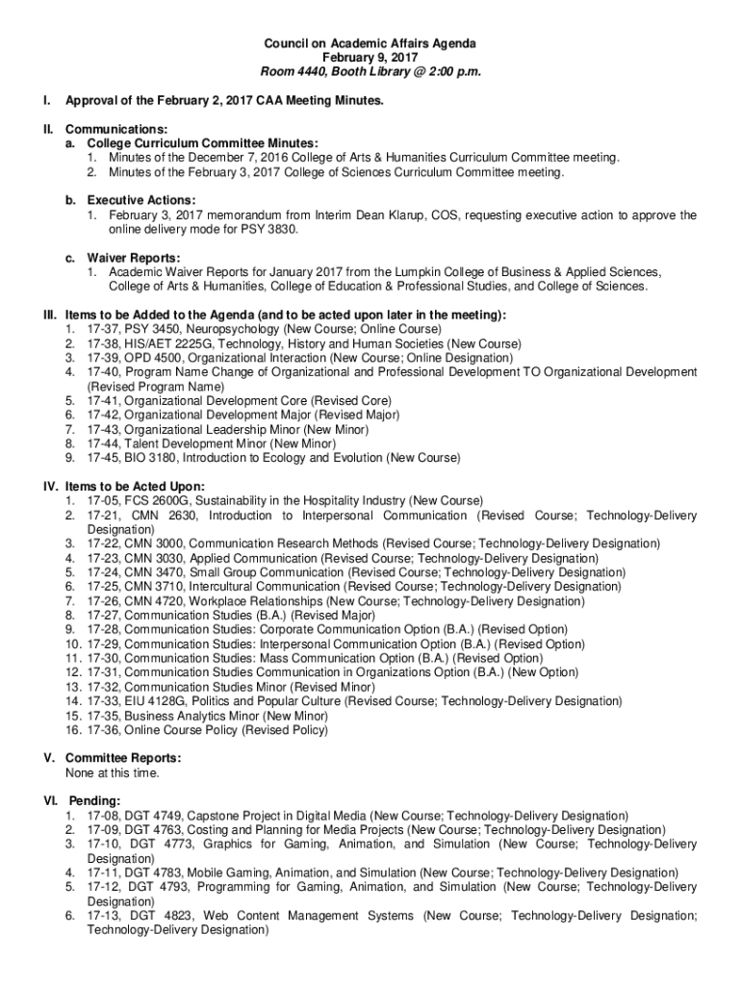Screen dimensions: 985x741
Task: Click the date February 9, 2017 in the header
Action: click(370, 58)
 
